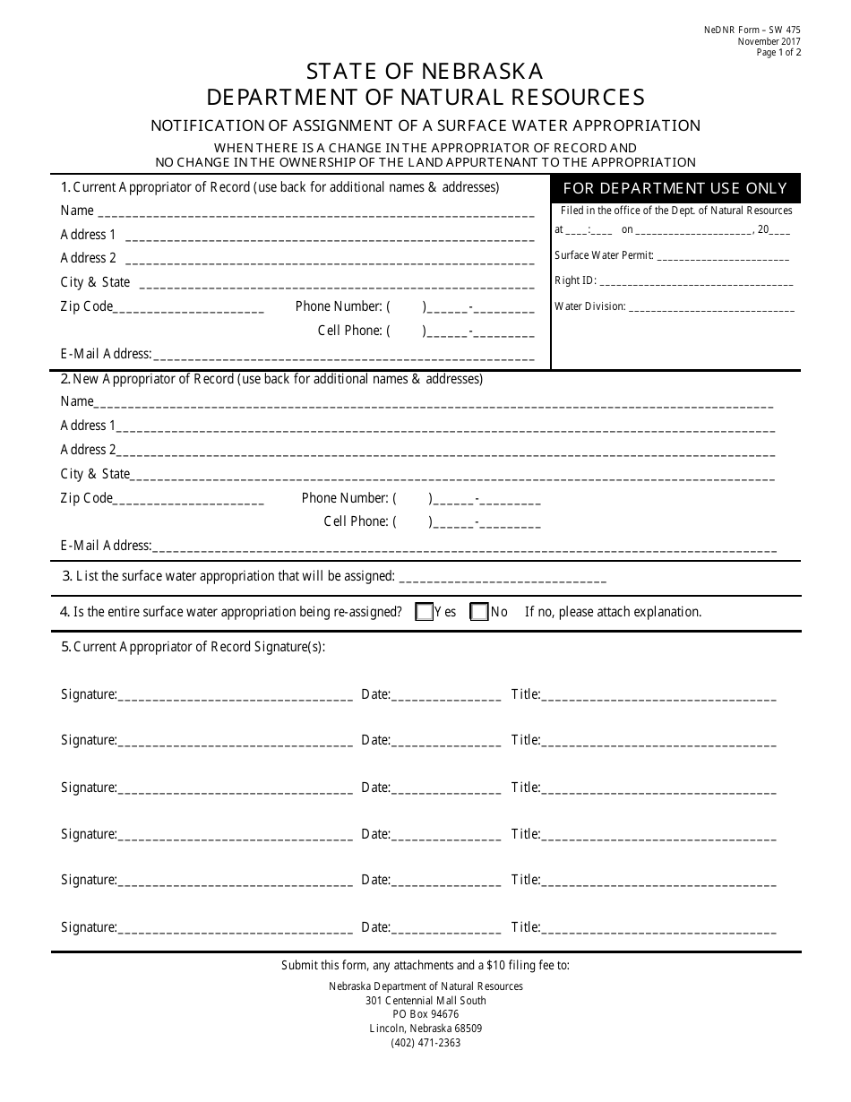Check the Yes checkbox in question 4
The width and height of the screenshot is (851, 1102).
pos(425,613)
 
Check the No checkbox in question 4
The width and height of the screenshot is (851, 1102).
pos(479,613)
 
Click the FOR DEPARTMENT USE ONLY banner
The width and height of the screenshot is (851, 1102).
pos(675,188)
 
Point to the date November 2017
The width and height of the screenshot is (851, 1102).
pos(769,42)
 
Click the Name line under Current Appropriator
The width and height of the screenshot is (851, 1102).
pos(314,212)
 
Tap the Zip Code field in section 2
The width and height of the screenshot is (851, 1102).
pos(189,500)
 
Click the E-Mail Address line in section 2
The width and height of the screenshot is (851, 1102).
pos(464,547)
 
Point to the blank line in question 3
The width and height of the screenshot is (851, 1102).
pos(502,578)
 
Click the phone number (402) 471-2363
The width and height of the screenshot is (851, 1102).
pos(425,1043)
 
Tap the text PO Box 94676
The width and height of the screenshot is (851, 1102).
pos(425,1014)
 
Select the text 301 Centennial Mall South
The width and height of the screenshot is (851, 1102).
pos(425,1001)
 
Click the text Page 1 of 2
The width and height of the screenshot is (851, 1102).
pos(778,53)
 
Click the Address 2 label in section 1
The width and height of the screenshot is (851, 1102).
pos(88,258)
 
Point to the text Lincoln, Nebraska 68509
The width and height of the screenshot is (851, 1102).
pos(425,1029)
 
